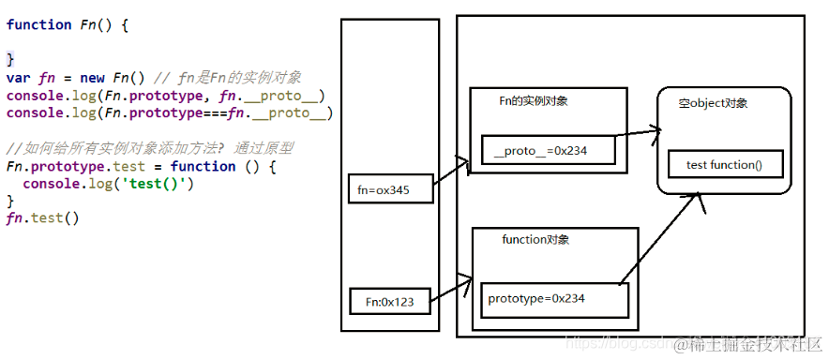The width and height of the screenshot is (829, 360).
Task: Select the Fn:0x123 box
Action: pyautogui.click(x=390, y=302)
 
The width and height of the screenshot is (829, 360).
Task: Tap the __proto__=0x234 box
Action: pyautogui.click(x=549, y=151)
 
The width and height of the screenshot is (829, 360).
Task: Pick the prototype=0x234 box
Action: pyautogui.click(x=551, y=299)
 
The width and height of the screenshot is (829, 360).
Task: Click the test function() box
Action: pyautogui.click(x=724, y=165)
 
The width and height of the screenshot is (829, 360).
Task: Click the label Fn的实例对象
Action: pyautogui.click(x=533, y=100)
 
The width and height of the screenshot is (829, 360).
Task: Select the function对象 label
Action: pyautogui.click(x=535, y=240)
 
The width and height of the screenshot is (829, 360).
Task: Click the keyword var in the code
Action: pyautogui.click(x=18, y=79)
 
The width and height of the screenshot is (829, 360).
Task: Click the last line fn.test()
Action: pyautogui.click(x=42, y=217)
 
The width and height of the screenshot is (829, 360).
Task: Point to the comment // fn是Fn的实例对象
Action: pyautogui.click(x=234, y=79)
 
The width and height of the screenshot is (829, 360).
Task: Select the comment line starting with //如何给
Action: pyautogui.click(x=150, y=149)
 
